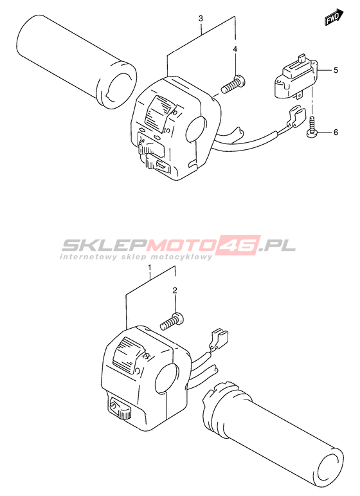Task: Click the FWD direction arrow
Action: (x=334, y=17)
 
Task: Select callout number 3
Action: (x=201, y=19)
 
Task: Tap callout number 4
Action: (x=235, y=49)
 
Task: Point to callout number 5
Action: (x=336, y=70)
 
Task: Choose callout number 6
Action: (x=336, y=132)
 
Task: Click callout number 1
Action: (x=150, y=269)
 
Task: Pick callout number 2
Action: (x=175, y=290)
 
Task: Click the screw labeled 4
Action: (x=233, y=84)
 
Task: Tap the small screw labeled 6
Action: (x=312, y=127)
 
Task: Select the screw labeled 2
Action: (x=173, y=320)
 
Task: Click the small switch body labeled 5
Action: (x=295, y=77)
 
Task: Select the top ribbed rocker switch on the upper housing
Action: (x=159, y=114)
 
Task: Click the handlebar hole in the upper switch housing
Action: (x=197, y=129)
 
